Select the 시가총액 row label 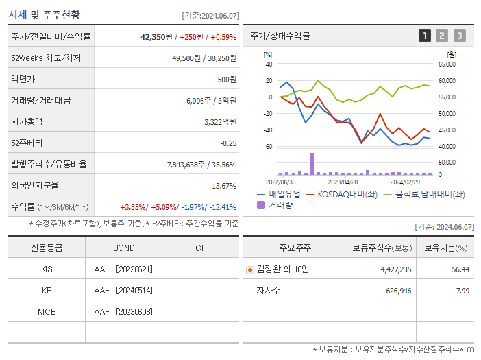27,121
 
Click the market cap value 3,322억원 220,121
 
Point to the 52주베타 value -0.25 228,143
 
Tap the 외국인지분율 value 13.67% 224,185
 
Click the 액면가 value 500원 227,80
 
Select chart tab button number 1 425,36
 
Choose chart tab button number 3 459,36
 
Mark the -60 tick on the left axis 268,147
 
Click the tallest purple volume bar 312,164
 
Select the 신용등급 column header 47,248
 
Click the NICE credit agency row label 47,311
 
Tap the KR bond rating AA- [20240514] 123,290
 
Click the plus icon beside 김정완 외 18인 249,269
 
